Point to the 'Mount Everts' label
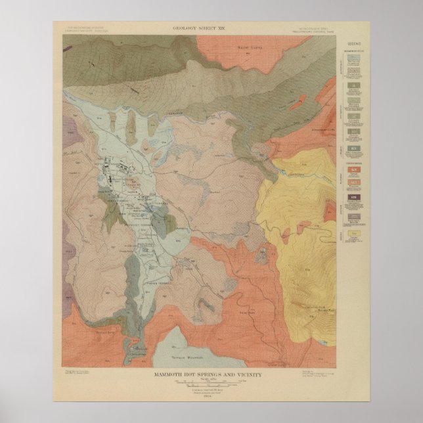pos(244,47)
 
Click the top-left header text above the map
pos(85,29)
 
